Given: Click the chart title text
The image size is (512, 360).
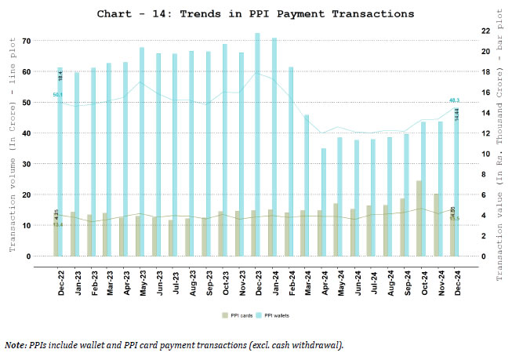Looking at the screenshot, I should (255, 14).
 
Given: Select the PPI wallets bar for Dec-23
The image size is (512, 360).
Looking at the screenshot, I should (258, 145).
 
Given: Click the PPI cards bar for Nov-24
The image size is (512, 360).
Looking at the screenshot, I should (436, 225).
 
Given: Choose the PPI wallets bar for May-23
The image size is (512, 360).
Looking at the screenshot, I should (142, 152).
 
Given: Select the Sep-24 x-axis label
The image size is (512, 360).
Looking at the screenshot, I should (408, 278).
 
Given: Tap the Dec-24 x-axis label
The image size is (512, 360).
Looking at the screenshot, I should (458, 278).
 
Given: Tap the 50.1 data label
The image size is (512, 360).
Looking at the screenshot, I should (58, 95).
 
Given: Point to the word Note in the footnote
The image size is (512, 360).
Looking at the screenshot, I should (15, 344).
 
